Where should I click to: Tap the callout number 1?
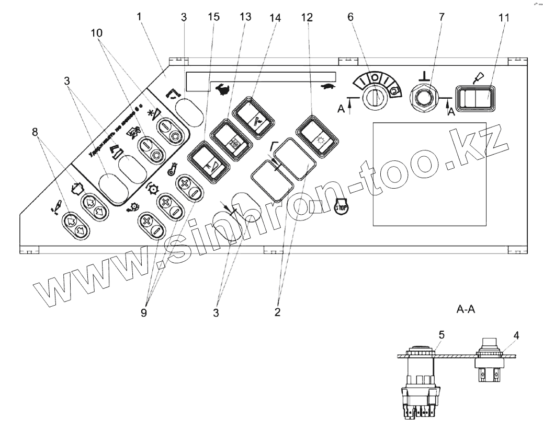tap(140, 16)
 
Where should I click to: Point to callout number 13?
tap(245, 16)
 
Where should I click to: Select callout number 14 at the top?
tap(276, 16)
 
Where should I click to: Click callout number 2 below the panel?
tap(277, 312)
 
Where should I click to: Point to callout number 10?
tap(96, 33)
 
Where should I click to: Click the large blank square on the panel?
tap(429, 173)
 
